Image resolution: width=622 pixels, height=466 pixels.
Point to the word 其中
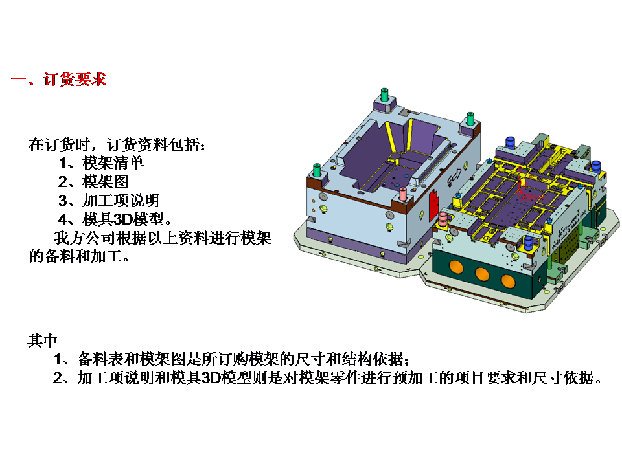coord(43,340)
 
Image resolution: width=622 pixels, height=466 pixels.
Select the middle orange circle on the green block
coord(482,274)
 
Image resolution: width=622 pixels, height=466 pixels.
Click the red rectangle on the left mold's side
coord(433,208)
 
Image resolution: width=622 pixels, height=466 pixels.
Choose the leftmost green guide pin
coord(317,170)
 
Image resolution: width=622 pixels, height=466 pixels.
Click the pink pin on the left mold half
coord(404,194)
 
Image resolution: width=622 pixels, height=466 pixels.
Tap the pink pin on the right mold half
coord(444,220)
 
